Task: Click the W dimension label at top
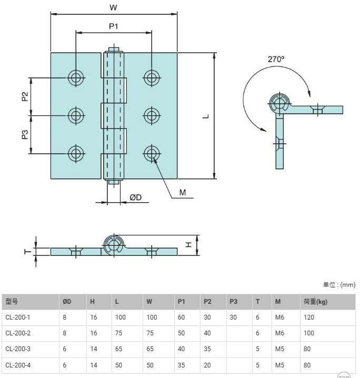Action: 113,7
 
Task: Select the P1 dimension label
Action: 114,26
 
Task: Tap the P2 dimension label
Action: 25,96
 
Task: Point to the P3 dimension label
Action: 25,134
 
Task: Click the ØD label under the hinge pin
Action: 135,197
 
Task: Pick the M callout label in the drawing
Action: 183,192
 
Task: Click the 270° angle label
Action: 276,59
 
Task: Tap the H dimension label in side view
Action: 189,245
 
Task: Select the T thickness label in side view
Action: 28,252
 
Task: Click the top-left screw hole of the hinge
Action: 76,77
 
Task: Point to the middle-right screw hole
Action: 152,116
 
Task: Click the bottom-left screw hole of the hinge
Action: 76,154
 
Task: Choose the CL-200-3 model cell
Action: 18,349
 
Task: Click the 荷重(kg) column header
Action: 315,302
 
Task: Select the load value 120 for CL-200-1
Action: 309,317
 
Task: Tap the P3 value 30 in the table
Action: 233,317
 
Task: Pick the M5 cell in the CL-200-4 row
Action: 279,365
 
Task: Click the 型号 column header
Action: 12,301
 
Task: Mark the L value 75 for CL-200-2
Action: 119,333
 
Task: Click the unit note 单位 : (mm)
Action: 339,285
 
